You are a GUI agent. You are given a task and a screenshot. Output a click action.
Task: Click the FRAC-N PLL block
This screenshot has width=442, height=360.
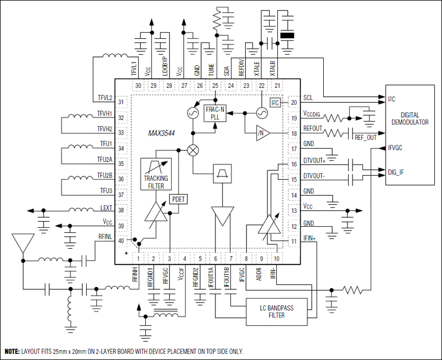coord(215,113)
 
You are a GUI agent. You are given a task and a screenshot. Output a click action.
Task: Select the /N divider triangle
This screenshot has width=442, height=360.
coord(261,133)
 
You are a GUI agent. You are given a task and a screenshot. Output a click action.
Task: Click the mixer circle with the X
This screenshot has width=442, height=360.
coord(193,150)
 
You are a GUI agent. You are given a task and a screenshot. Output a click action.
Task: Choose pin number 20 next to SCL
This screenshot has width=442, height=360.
coord(293,102)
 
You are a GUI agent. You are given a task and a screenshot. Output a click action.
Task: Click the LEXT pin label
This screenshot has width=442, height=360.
coord(105,208)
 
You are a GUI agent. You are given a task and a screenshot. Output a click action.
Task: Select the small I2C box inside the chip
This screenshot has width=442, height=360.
coord(275,102)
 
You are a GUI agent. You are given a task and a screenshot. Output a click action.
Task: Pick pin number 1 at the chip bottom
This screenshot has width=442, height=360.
coord(138,258)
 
